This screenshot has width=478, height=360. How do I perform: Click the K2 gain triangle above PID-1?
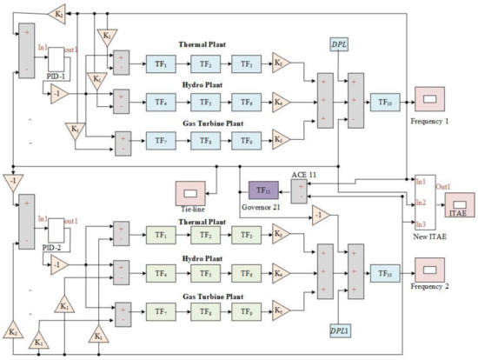(x=57, y=14)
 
